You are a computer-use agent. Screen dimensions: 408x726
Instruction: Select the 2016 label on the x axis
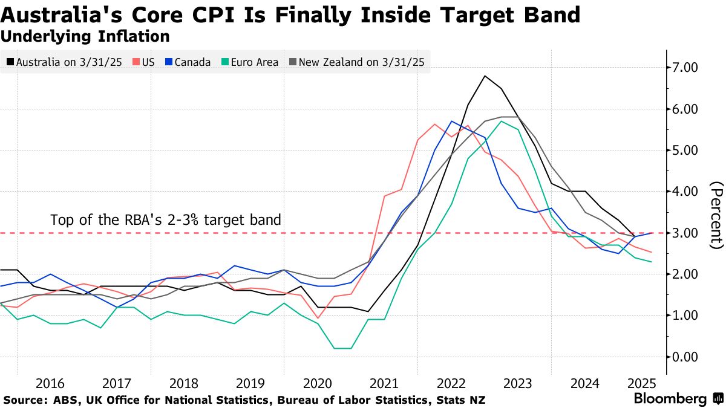pyautogui.click(x=50, y=383)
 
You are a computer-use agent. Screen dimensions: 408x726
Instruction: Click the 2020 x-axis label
pyautogui.click(x=317, y=383)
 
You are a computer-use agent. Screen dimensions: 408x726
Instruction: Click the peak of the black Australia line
pyautogui.click(x=485, y=76)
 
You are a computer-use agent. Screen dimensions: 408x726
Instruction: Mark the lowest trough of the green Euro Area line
pyautogui.click(x=342, y=348)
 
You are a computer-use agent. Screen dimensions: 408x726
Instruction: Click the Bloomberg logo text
pyautogui.click(x=670, y=399)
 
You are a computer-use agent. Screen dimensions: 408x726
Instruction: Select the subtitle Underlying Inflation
pyautogui.click(x=85, y=36)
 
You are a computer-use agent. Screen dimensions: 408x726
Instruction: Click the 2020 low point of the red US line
pyautogui.click(x=317, y=318)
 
